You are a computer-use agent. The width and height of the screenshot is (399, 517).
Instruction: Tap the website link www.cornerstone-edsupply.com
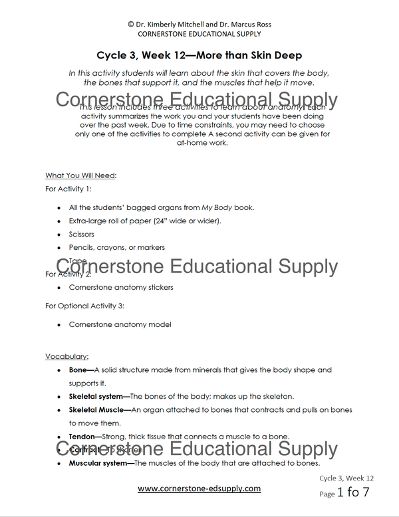[x=199, y=488]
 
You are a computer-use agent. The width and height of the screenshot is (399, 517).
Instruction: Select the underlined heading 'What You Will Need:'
[x=80, y=175]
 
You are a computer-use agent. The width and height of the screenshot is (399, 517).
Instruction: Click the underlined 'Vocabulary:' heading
[x=66, y=356]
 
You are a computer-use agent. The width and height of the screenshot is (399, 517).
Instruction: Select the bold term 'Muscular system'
[x=100, y=463]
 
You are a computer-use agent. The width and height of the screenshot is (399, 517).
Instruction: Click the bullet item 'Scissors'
[x=81, y=234]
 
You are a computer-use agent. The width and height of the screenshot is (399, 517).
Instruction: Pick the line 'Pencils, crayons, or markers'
[x=116, y=247]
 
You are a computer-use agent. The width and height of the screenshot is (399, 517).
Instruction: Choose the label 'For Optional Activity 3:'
[x=85, y=306]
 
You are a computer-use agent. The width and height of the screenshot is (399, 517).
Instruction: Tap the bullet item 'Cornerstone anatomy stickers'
[x=121, y=288]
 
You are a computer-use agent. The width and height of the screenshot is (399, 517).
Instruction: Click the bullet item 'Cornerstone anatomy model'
[x=120, y=325]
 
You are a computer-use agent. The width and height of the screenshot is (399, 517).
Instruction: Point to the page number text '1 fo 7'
[x=352, y=493]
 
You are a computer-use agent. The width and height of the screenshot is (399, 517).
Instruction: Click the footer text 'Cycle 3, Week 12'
[x=346, y=478]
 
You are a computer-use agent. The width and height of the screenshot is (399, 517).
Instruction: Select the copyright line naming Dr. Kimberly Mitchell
[x=199, y=25]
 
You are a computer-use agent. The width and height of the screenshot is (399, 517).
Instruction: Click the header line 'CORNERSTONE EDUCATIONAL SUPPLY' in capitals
[x=199, y=34]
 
